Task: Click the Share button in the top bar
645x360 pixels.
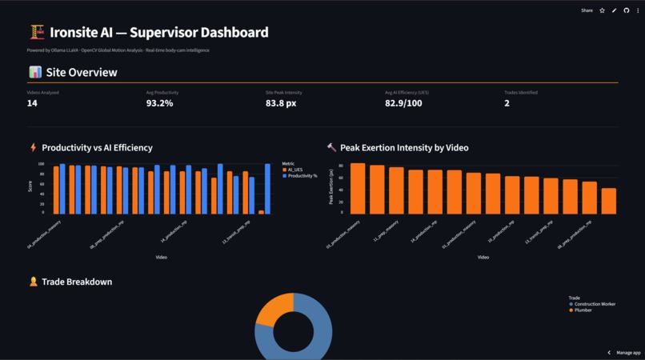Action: pos(587,10)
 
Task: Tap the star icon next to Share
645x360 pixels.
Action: pos(603,10)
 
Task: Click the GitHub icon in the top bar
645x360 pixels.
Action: pos(627,10)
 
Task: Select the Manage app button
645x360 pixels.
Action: pos(624,352)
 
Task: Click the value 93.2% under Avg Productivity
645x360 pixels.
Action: pos(159,103)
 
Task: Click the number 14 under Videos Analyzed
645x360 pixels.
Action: pos(32,103)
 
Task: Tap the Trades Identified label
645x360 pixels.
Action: pos(521,92)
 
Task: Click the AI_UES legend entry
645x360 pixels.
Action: pos(294,170)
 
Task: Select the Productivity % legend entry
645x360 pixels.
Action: pos(301,175)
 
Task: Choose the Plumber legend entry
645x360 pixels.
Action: pos(583,310)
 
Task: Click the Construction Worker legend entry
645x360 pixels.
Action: pos(594,304)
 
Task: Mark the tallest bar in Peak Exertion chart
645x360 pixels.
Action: pos(358,188)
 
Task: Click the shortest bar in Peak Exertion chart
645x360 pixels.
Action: pos(608,201)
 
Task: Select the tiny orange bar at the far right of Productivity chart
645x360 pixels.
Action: pos(261,212)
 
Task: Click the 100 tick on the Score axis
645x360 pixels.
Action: pos(41,164)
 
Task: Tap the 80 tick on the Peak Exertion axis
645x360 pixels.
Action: pos(341,166)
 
